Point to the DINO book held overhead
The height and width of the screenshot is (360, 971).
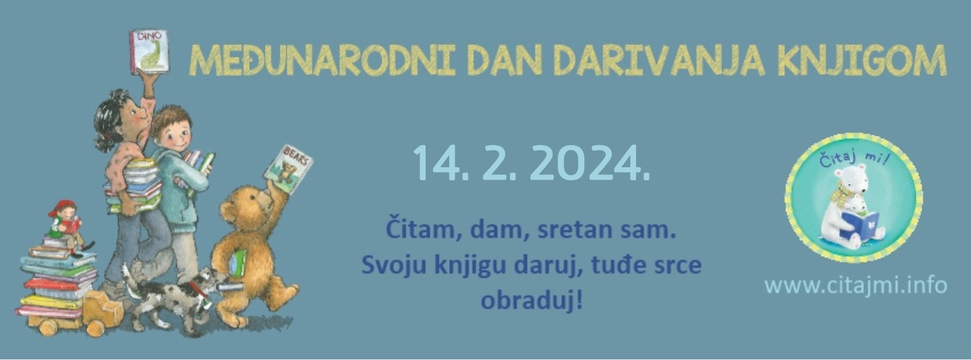[x=149, y=52]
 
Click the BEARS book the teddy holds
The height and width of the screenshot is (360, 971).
[x=289, y=170]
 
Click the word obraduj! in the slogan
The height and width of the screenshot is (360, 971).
[x=531, y=300]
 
